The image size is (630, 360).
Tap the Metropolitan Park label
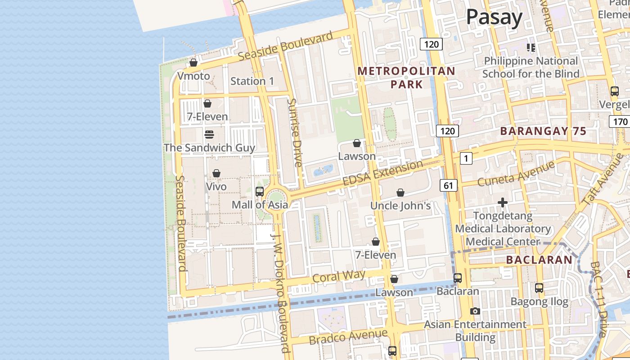coord(406,77)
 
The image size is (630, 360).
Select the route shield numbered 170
coord(620,121)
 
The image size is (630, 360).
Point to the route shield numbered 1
coord(466,158)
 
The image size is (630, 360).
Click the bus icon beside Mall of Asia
coord(260,192)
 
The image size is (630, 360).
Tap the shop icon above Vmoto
coord(193,63)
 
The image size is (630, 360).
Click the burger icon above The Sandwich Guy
coord(209,135)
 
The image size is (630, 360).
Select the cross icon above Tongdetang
coord(503,203)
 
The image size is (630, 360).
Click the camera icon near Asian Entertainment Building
coord(475,311)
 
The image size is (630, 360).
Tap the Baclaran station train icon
coord(458,278)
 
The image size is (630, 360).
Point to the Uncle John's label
coord(400,206)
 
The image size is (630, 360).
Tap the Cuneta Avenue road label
coord(516,174)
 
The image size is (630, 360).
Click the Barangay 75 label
coord(543,131)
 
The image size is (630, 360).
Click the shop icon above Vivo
coord(216,174)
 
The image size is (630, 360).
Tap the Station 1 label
coord(252,81)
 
